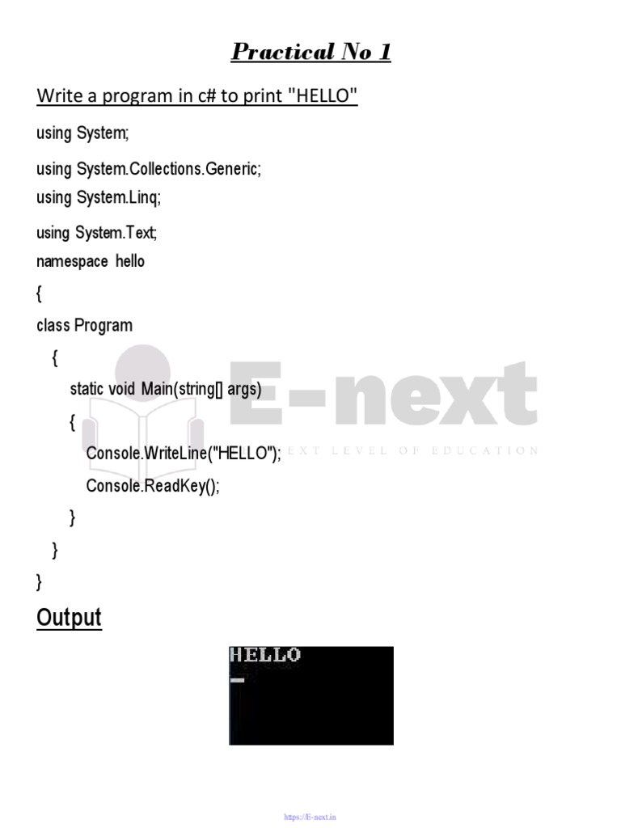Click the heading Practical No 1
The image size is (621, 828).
(x=310, y=53)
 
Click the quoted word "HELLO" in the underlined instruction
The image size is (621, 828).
(x=323, y=97)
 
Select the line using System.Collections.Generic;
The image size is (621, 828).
(x=149, y=170)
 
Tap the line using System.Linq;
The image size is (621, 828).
(x=104, y=197)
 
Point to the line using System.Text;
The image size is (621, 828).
(x=96, y=234)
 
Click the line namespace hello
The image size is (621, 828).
(x=91, y=261)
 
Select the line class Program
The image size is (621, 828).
(x=84, y=325)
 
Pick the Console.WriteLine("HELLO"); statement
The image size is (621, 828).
(x=184, y=454)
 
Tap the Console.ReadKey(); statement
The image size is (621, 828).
(x=153, y=486)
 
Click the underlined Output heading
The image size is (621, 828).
(x=70, y=619)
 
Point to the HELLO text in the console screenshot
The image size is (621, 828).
(x=265, y=655)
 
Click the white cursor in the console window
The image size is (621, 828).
(x=237, y=680)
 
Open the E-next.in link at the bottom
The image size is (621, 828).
(x=310, y=817)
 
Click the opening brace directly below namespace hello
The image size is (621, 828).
(x=39, y=294)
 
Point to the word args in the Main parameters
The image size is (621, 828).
(x=244, y=390)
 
